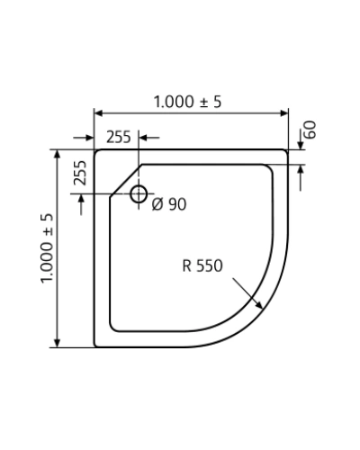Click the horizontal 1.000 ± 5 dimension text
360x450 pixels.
187,102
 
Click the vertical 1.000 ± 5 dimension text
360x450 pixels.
47,248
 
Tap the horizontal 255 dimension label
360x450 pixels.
119,137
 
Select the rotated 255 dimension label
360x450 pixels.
80,173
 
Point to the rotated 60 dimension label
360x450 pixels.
310,130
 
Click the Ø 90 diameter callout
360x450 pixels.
169,204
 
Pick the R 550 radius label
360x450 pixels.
202,265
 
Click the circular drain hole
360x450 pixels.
139,193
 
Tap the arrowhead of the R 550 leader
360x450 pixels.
258,304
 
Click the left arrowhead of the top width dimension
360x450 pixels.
99,113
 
